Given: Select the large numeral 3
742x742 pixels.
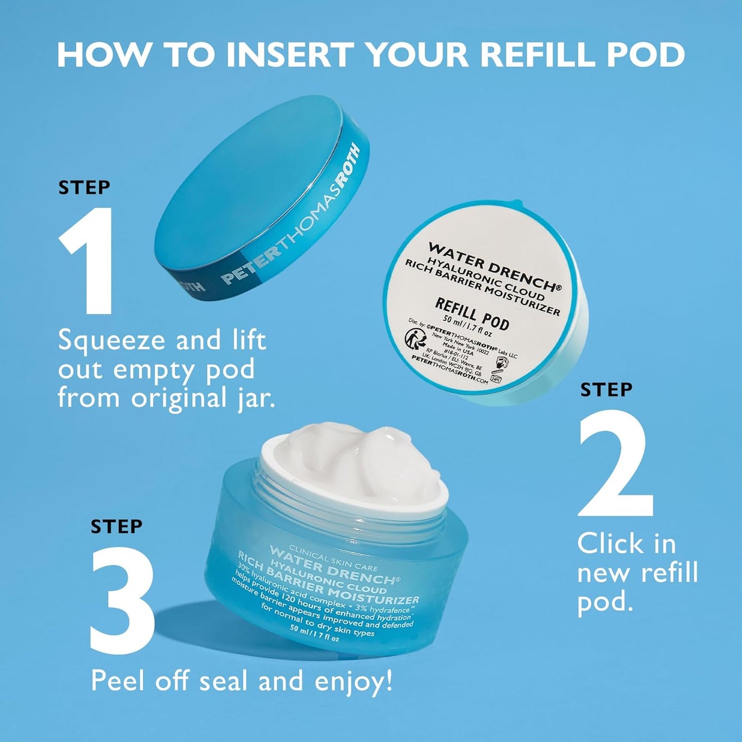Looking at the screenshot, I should click(x=123, y=601).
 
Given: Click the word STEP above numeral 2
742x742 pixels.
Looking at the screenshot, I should click(x=606, y=390).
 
